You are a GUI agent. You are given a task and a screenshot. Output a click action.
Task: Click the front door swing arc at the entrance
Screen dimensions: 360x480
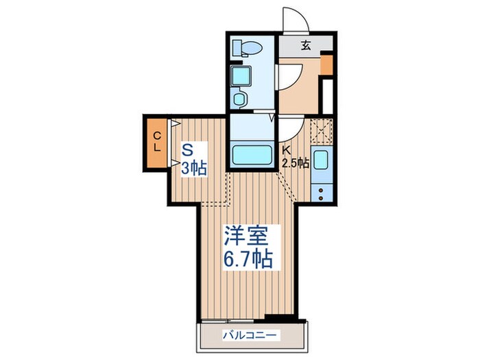294,19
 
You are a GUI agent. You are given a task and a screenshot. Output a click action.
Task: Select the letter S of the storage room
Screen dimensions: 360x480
186,147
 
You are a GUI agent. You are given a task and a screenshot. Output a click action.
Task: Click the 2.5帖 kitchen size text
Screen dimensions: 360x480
296,163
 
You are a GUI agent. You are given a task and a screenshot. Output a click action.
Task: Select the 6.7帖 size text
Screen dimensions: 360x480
247,260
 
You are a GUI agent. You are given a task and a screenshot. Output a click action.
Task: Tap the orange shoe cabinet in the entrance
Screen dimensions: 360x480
326,65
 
